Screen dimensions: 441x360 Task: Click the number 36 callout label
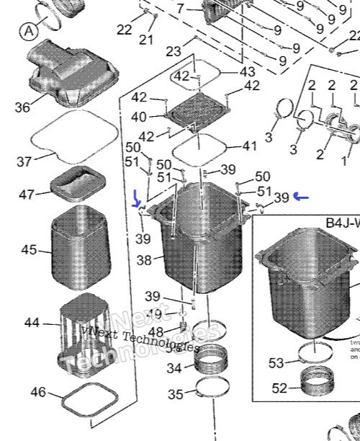point(22,107)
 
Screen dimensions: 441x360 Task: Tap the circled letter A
point(29,31)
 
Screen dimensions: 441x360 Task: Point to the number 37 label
point(24,162)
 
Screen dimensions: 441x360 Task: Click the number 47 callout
point(27,195)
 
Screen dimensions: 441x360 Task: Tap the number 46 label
point(38,393)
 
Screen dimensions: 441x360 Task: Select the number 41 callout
point(249,146)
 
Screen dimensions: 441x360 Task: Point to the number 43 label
point(247,72)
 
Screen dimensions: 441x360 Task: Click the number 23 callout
point(174,52)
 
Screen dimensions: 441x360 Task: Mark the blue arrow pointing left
point(301,196)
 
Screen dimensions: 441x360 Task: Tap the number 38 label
point(145,259)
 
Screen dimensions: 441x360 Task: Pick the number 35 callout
point(175,394)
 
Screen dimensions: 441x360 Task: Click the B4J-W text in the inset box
point(342,223)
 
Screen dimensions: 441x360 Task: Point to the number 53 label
point(276,363)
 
